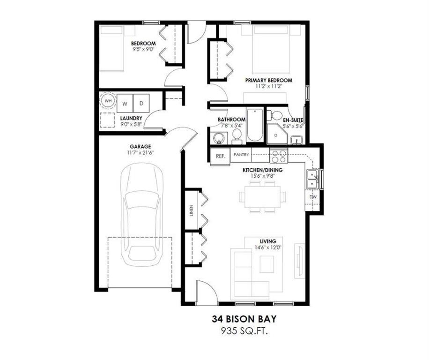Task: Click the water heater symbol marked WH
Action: tap(108, 101)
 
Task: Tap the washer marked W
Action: tap(125, 103)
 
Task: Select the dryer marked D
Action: tap(141, 103)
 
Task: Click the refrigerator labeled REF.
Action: tap(220, 156)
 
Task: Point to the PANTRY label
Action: tap(241, 155)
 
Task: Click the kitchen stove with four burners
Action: tap(279, 155)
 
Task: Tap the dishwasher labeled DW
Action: tap(312, 197)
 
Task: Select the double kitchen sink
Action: tap(312, 179)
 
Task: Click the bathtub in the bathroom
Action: tap(255, 125)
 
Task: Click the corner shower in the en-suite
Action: tap(276, 134)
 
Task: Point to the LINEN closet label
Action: tap(191, 210)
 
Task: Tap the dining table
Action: tap(263, 197)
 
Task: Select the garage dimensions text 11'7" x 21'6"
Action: tap(141, 153)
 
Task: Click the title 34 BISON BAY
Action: tap(244, 319)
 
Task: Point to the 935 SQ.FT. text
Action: tap(244, 331)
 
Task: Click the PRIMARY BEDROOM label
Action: tap(269, 81)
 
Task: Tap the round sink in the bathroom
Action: tap(218, 137)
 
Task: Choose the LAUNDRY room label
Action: tap(131, 118)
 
